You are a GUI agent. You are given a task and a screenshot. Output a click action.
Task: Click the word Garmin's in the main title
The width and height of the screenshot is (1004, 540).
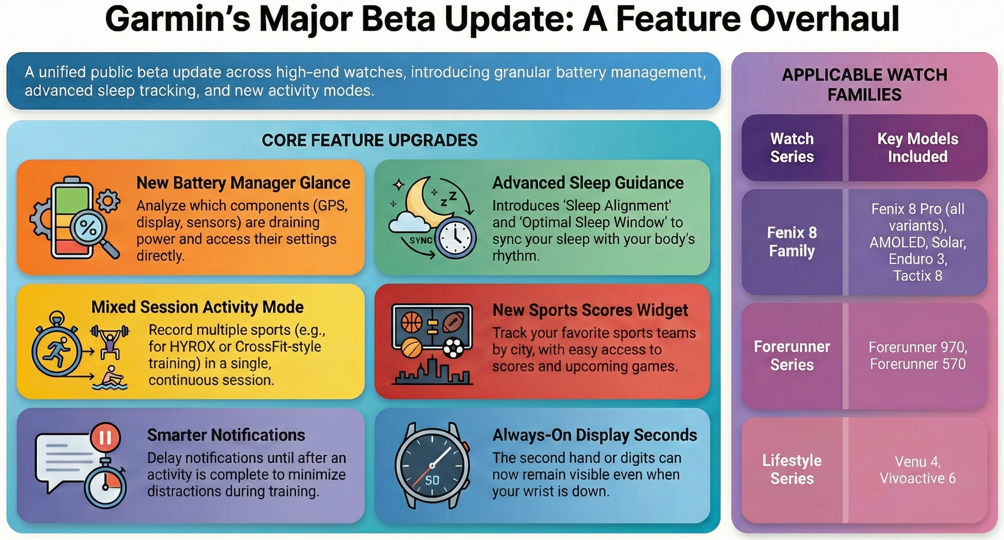coord(177,20)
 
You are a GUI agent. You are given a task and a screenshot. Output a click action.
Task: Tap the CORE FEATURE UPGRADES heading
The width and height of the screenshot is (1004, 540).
coord(370,141)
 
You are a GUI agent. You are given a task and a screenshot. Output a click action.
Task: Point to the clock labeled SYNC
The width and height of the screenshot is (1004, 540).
coord(455,239)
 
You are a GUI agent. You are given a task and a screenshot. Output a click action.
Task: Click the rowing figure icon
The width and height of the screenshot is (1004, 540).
coord(110,378)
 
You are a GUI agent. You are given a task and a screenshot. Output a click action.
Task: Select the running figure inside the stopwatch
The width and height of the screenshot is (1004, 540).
coord(57,351)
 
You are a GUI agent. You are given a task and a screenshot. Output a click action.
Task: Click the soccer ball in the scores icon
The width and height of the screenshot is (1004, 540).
coord(453,348)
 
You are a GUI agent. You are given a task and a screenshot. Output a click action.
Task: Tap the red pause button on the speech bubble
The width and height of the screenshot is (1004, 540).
coord(105,437)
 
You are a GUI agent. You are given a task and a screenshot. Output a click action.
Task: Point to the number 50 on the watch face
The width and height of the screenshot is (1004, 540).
coord(432,480)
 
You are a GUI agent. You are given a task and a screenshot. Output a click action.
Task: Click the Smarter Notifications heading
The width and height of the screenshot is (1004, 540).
coord(226,435)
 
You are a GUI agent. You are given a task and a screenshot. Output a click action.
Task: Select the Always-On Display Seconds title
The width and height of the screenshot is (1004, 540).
coord(594,435)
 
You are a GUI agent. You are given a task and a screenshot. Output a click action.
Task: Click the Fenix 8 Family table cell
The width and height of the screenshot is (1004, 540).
coord(792,242)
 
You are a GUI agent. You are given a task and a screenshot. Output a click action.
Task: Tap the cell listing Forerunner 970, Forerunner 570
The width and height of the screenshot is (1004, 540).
coord(917,355)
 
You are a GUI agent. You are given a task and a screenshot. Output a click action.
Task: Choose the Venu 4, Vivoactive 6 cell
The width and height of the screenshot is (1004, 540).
coord(917,470)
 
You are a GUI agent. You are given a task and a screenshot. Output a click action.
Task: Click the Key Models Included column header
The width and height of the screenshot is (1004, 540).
coord(917,148)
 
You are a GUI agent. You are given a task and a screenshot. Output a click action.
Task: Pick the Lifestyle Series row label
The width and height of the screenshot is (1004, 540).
coord(792,469)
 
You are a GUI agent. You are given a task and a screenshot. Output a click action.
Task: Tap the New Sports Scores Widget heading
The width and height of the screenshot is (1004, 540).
coord(590,310)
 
